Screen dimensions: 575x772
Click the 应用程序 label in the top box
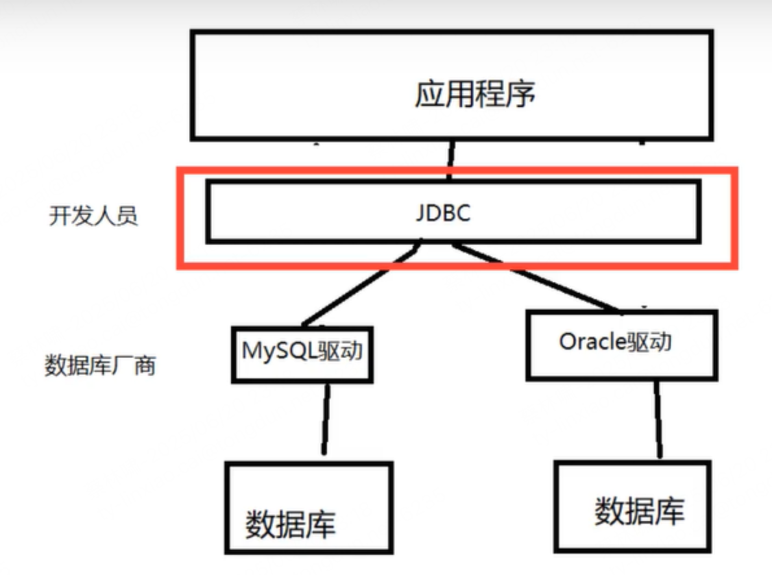[475, 95]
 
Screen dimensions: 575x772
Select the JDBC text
[443, 213]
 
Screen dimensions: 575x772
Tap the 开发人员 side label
[93, 216]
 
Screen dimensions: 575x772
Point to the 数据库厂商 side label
[100, 365]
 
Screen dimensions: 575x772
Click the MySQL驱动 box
[302, 354]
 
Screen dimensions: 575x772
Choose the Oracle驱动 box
[621, 345]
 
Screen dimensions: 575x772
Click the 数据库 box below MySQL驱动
[309, 508]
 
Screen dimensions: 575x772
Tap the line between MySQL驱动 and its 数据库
[324, 419]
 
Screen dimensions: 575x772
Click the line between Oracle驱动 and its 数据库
[658, 419]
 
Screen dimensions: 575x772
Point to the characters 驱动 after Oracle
[648, 342]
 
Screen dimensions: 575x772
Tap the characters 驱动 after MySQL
[341, 352]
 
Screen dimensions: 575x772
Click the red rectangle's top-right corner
[736, 171]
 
